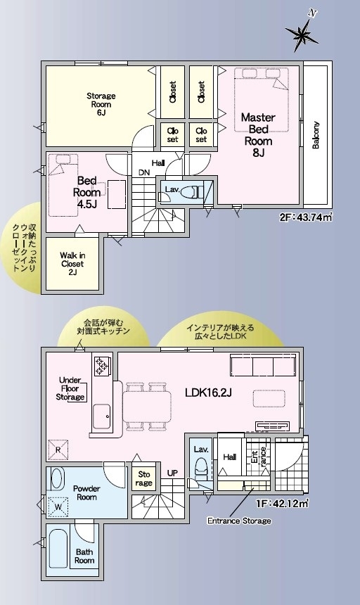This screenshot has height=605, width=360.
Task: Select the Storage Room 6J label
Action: [101, 104]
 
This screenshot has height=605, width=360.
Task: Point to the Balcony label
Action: [316, 135]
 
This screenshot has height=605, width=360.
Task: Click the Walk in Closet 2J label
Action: [72, 264]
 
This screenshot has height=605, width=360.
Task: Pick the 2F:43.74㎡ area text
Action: [306, 217]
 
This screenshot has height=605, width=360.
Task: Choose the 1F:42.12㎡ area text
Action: [282, 503]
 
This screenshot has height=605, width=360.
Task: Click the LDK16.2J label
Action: [208, 393]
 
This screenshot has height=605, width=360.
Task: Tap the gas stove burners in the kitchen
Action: [102, 365]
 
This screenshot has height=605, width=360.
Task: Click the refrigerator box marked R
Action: [58, 450]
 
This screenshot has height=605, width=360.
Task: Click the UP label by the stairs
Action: [172, 473]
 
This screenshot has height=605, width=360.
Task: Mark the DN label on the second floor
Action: [144, 173]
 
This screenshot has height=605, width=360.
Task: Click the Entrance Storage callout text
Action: [239, 521]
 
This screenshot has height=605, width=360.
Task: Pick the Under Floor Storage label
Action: [70, 388]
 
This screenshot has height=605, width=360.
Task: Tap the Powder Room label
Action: [86, 492]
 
